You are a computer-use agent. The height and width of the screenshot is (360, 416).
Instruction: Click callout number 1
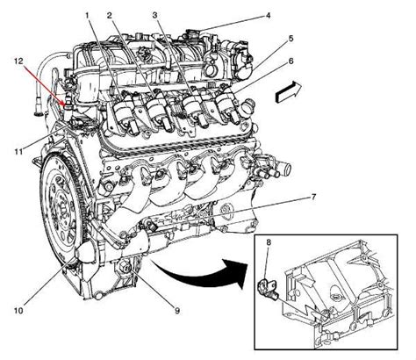point(87,15)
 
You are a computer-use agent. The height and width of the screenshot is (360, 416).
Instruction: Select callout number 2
point(109,15)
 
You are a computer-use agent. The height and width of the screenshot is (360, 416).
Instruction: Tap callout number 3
point(154,15)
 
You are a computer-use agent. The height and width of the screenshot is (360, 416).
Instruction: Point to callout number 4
point(268,15)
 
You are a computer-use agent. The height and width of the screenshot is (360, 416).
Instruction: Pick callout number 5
point(290,39)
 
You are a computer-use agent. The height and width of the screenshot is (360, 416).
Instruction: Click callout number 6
point(290,61)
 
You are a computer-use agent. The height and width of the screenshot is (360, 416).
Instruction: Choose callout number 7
point(313,197)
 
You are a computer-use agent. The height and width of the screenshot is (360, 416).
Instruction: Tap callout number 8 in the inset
point(269,242)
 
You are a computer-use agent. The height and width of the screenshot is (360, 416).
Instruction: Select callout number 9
point(177,311)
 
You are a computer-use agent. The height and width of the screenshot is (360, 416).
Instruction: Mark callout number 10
point(18,311)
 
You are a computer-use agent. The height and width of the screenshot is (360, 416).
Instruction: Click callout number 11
point(18,151)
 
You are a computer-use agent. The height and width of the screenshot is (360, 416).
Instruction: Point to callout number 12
point(18,61)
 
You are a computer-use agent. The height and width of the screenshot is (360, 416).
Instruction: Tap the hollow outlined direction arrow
point(289,92)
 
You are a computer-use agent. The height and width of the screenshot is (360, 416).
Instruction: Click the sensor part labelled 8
point(268,289)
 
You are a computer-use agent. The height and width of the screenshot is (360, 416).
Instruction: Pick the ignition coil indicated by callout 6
point(228,106)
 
